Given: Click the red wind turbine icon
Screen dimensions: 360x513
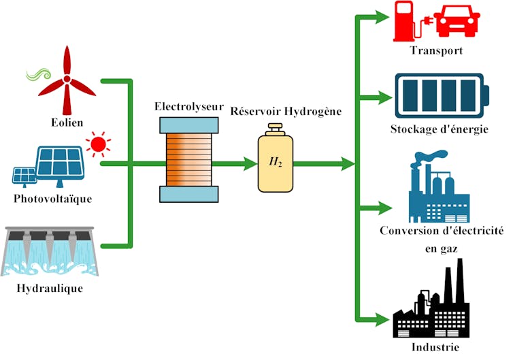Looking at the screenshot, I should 68,80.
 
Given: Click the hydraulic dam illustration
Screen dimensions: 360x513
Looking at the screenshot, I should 52,252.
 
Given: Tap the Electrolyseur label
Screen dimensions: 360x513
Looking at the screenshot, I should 188,106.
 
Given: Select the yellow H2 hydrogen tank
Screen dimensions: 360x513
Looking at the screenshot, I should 275,162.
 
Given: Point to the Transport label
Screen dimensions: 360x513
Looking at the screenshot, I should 437,51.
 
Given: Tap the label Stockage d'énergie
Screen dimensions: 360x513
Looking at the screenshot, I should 440,129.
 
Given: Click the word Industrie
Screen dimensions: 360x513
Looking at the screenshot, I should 435,348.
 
